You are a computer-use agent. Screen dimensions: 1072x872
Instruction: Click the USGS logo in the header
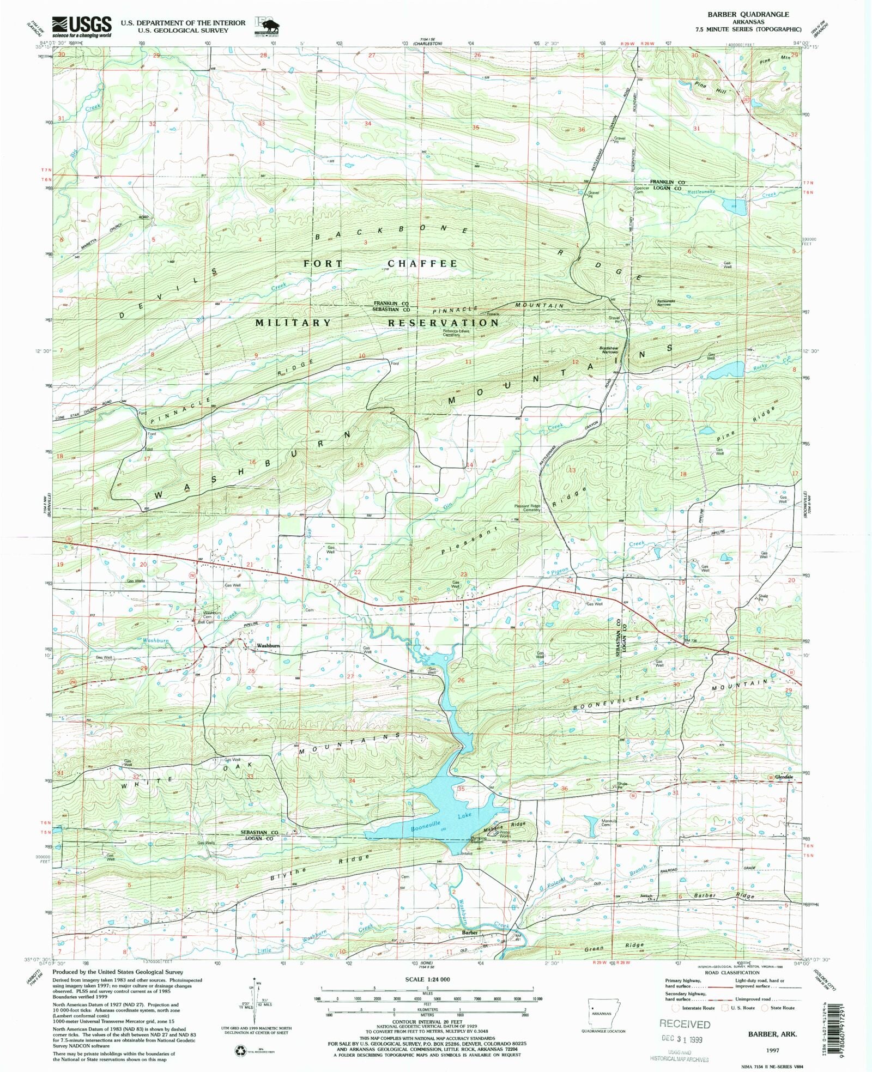click(82, 25)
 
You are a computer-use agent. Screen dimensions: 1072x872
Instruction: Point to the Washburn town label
click(268, 646)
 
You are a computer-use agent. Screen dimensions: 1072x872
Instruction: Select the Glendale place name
click(784, 777)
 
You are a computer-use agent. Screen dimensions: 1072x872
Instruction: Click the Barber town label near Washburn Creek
click(470, 932)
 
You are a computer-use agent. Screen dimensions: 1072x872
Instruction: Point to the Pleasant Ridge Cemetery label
click(528, 508)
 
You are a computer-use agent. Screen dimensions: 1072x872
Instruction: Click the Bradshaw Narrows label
click(609, 350)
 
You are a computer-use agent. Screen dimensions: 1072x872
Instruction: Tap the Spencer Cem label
click(641, 190)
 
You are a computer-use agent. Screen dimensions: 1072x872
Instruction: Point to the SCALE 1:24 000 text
click(427, 979)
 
